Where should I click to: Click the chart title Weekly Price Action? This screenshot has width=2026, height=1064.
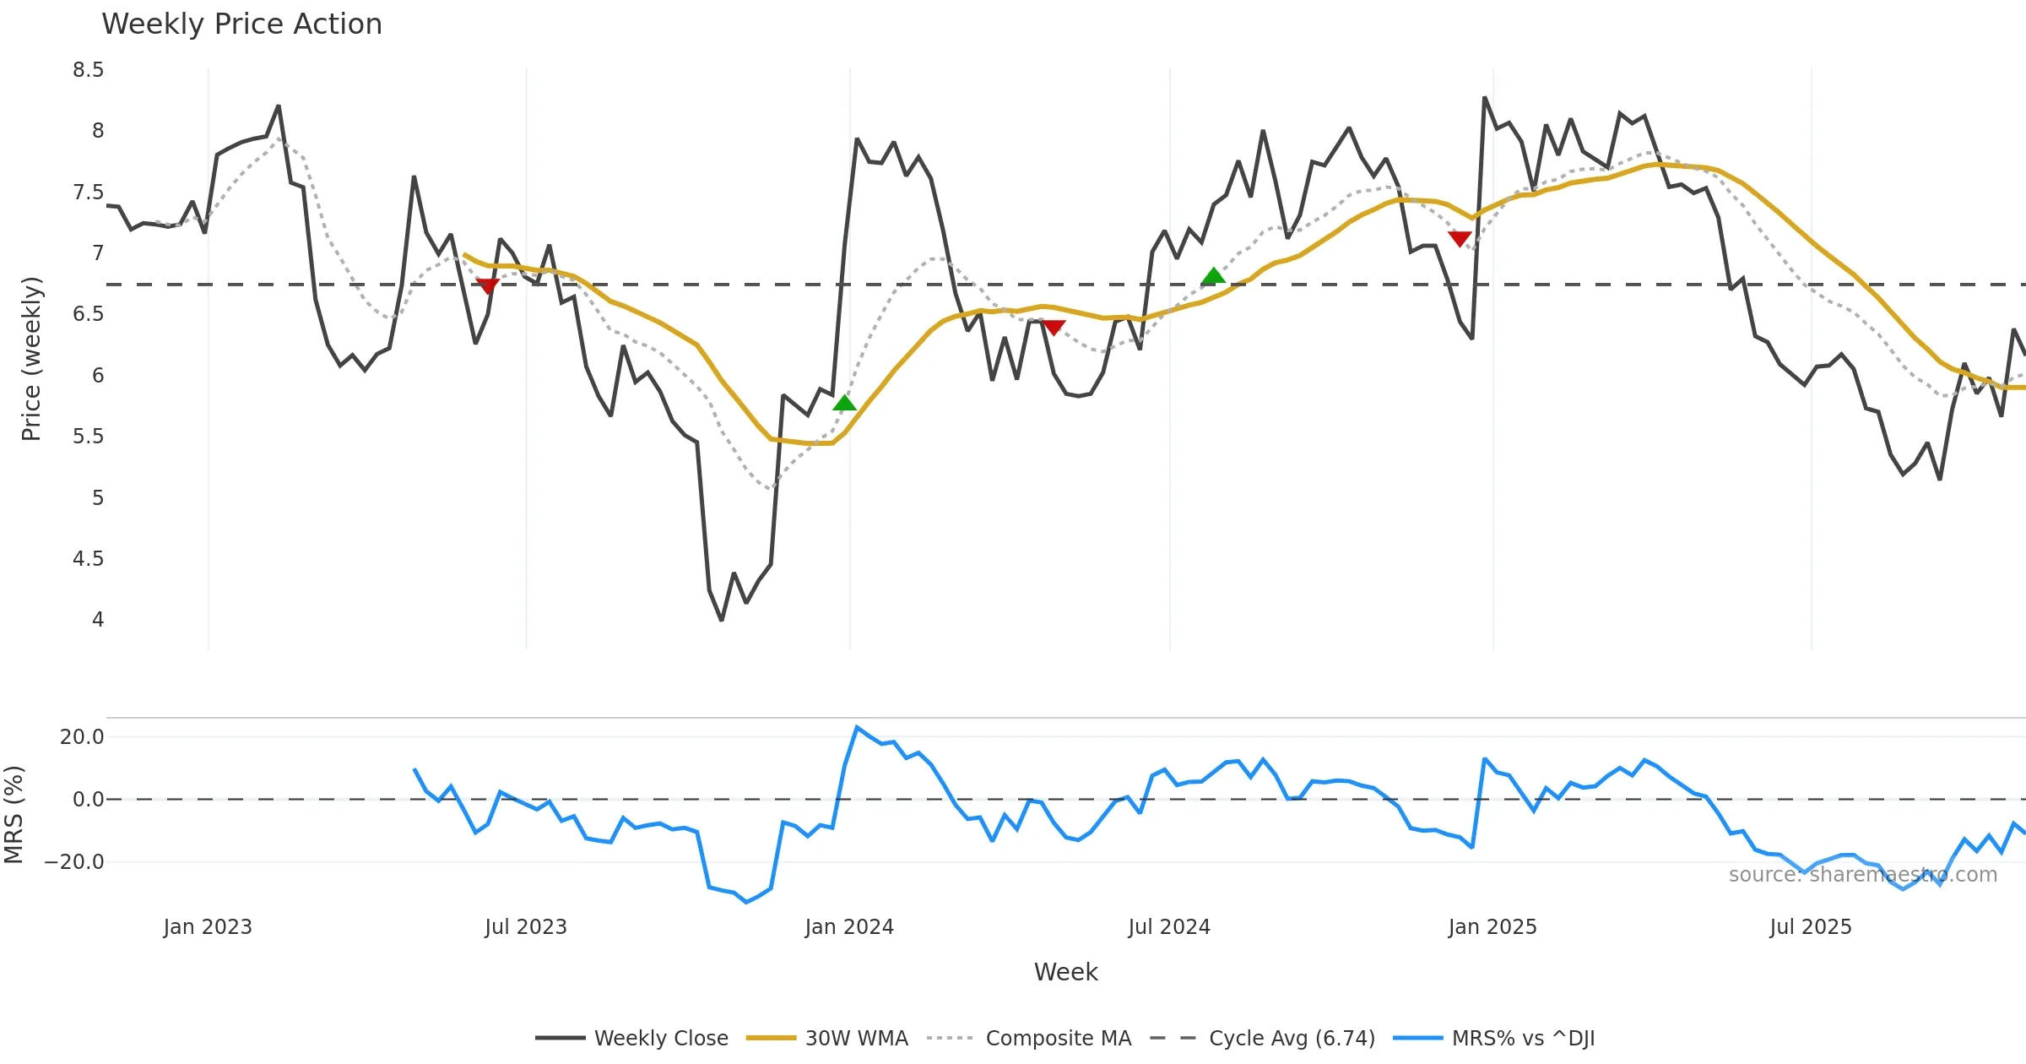[x=241, y=24]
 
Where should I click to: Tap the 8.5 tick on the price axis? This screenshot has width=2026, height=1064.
[x=88, y=70]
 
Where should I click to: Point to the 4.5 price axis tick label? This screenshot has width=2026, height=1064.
[x=88, y=559]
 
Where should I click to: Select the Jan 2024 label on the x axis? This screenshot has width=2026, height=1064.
[x=849, y=927]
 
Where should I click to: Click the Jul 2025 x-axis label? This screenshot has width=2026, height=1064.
[x=1811, y=927]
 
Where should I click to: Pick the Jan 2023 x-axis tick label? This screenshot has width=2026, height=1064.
[x=208, y=927]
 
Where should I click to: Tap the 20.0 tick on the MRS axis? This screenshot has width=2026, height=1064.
[x=82, y=737]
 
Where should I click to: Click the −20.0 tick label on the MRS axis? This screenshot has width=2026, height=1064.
[x=74, y=862]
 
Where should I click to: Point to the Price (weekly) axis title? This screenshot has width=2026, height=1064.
[x=31, y=359]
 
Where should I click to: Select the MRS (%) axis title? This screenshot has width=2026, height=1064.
[x=14, y=815]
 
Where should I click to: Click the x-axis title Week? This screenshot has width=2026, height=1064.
[x=1065, y=973]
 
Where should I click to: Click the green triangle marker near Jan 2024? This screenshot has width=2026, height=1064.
[x=844, y=404]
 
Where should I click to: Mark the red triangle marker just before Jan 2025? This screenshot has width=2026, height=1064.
[x=1460, y=239]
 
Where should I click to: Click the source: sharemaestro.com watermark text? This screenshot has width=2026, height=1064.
[x=1863, y=875]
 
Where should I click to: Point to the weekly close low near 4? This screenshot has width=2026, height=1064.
[x=722, y=620]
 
